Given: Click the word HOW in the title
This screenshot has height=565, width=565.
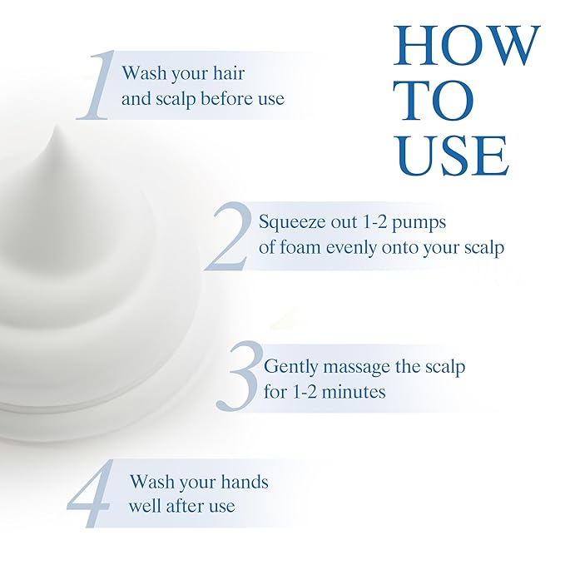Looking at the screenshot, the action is coord(467,46).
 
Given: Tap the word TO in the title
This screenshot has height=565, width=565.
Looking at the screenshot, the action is coord(437,101).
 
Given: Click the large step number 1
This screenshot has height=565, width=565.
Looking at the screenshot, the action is coord(96,85).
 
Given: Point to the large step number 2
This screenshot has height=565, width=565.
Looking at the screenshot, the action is coord(229,236).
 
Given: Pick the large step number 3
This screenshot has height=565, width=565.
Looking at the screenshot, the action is coord(239,377).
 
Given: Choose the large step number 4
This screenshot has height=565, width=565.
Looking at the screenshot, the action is coord(90,493).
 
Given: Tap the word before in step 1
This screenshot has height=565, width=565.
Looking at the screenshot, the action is coord(227,98).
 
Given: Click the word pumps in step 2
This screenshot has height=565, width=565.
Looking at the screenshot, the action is coord(419,223).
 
